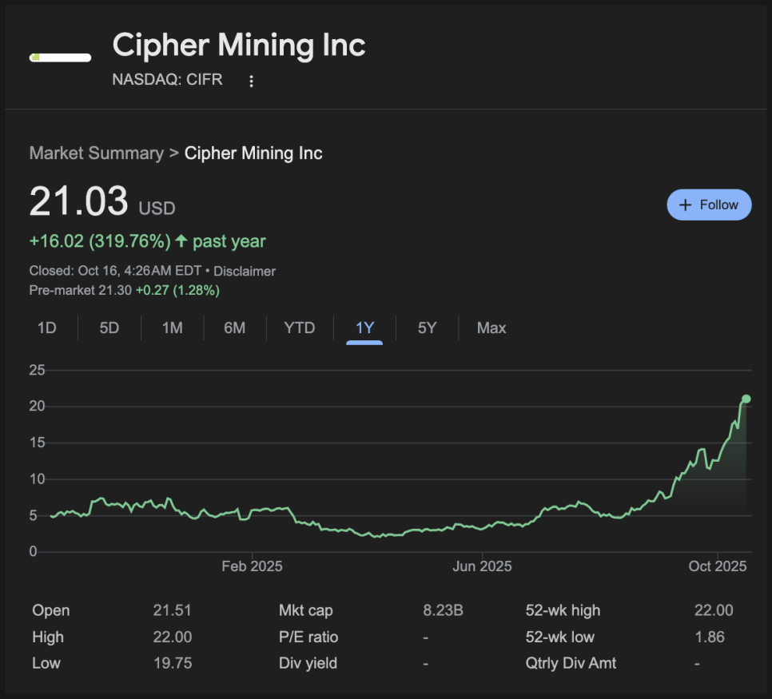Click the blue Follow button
(x=709, y=205)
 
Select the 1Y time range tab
(x=364, y=328)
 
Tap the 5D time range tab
(x=109, y=328)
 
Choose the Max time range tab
(x=491, y=328)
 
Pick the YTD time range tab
(x=300, y=328)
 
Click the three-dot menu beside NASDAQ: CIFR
(x=252, y=81)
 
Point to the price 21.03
(x=78, y=201)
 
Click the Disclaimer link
(x=245, y=271)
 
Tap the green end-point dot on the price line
(x=746, y=399)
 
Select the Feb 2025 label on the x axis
(x=252, y=566)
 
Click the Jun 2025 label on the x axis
(x=482, y=566)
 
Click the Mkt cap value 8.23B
(x=443, y=610)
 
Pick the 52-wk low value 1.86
(x=710, y=637)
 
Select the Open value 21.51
(x=172, y=610)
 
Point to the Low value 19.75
(x=172, y=663)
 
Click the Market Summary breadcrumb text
(x=96, y=153)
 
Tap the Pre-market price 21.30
(x=114, y=290)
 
